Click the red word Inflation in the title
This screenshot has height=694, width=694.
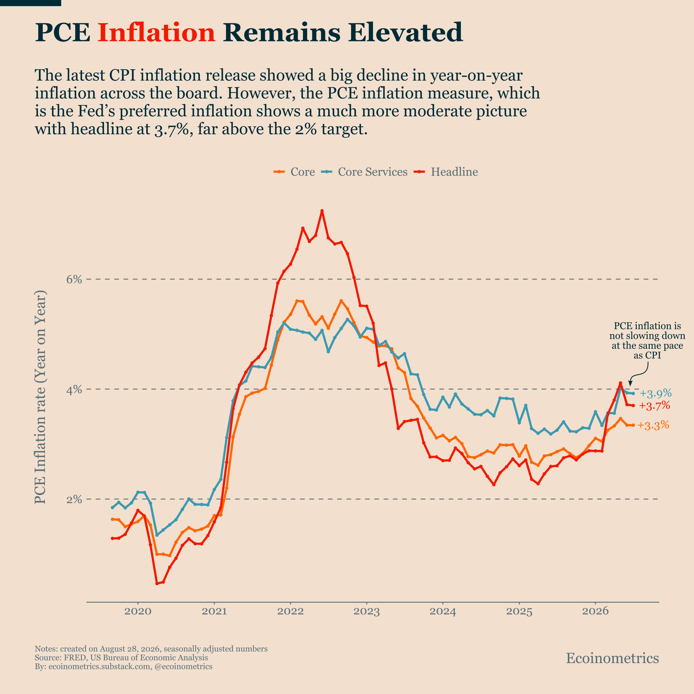[156, 32]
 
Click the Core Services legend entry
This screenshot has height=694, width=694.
[364, 172]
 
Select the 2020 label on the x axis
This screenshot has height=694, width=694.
[138, 611]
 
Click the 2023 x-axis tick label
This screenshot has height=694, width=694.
[367, 611]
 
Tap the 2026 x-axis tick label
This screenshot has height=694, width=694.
[595, 611]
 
